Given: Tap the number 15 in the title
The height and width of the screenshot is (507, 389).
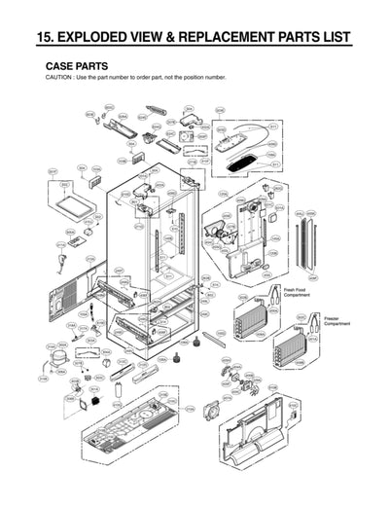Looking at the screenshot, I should (45, 39).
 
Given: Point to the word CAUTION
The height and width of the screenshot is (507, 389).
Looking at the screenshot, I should (60, 77).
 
